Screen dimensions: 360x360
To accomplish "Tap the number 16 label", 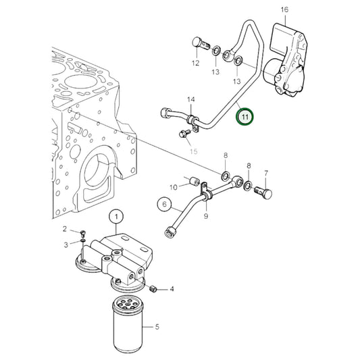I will pos(284,9).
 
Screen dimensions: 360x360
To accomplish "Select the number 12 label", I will pos(195,63).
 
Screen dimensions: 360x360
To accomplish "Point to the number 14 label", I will pos(190,100).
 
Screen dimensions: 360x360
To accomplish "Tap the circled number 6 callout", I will pos(163,203).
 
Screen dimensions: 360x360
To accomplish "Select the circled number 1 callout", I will pos(116,217).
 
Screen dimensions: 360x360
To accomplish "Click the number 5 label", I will pos(157,328).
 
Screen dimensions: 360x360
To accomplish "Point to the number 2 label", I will pos(65,230).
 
